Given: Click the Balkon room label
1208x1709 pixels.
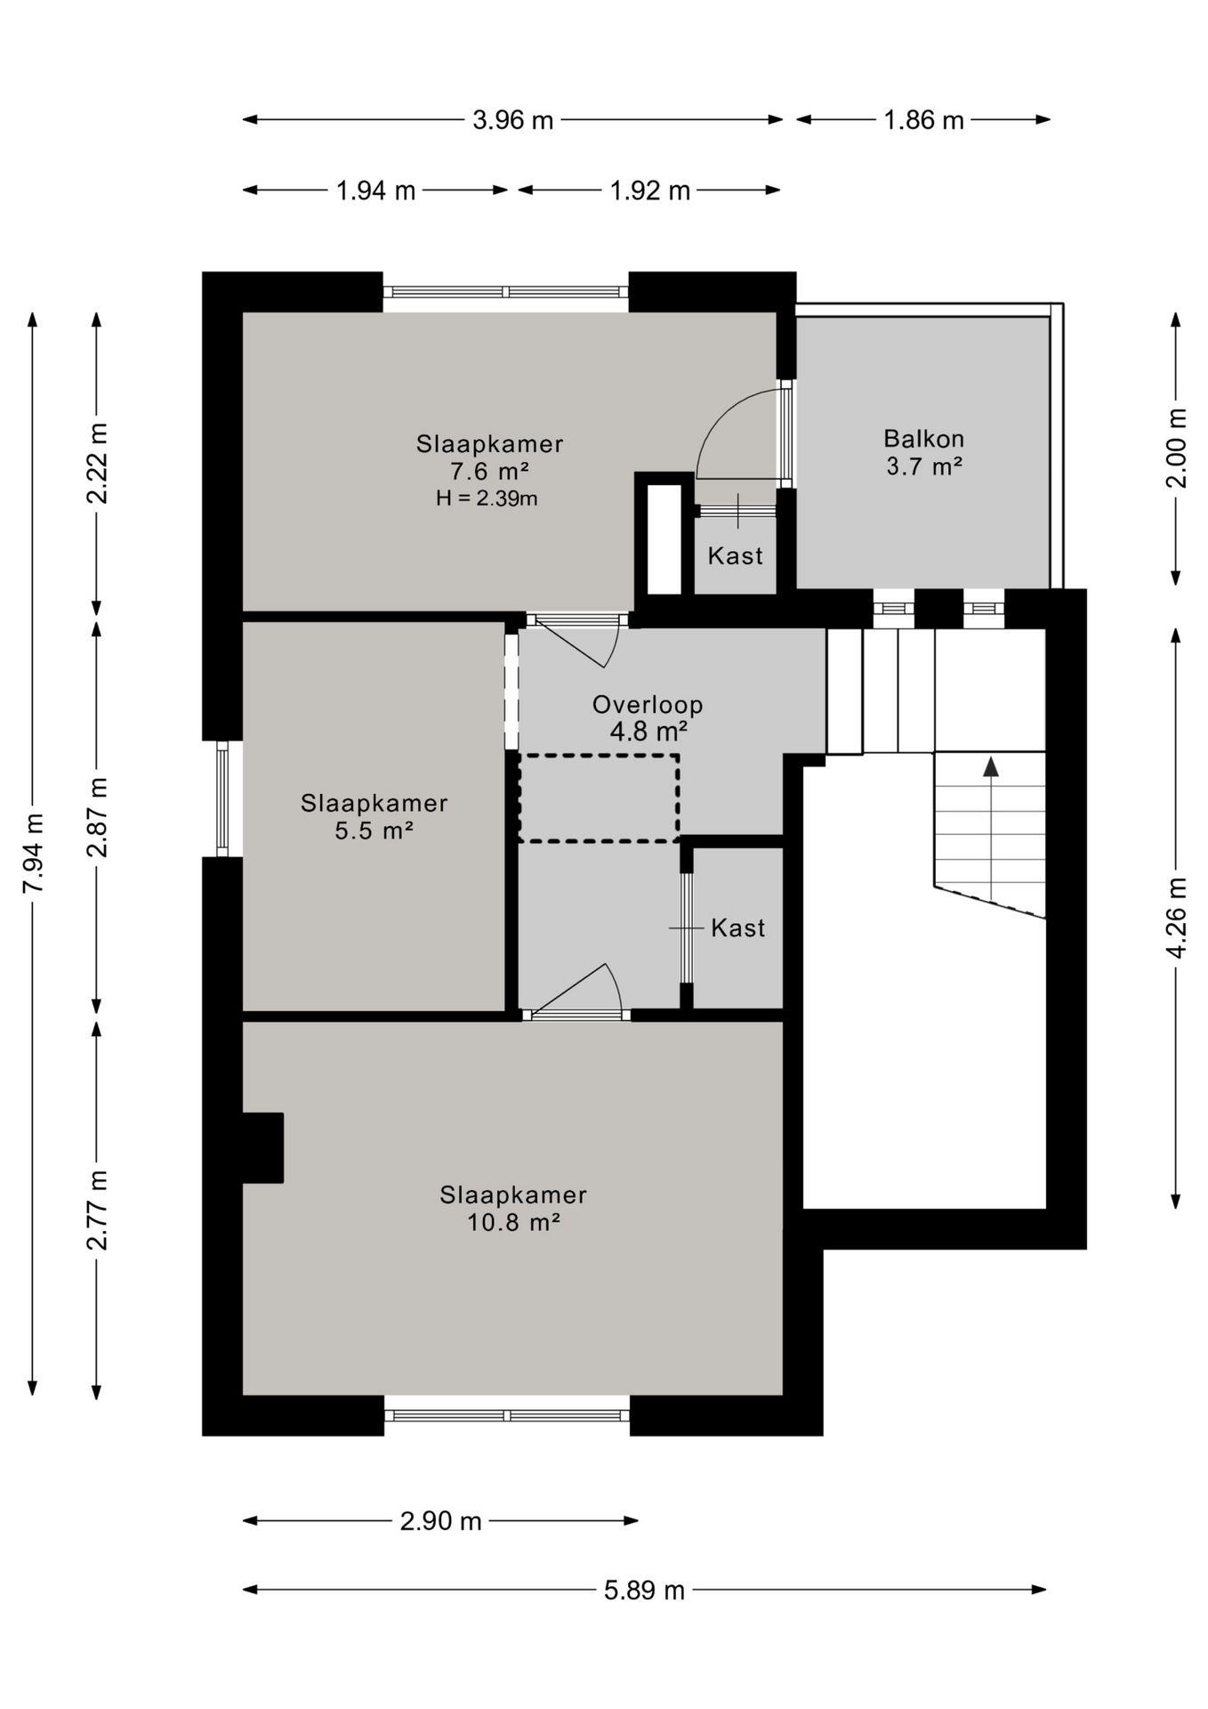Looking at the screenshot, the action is coord(923,438).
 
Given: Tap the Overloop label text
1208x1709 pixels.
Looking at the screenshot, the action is coord(648,704).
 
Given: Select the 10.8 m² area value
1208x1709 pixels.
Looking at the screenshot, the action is coord(513,1221).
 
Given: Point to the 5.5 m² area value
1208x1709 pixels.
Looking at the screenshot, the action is coord(374,830).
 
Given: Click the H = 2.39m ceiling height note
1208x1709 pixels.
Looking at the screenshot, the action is coord(487,498).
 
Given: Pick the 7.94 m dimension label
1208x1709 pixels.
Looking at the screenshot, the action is coord(33,854).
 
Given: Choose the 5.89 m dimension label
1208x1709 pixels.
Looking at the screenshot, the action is coord(644,1590).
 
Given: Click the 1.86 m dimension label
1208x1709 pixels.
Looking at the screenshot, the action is coord(923,119).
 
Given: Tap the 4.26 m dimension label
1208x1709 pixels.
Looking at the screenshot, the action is coord(1176,918).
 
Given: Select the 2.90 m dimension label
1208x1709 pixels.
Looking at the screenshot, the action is coord(440,1520).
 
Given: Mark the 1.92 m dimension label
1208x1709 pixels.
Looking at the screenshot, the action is coord(649,190).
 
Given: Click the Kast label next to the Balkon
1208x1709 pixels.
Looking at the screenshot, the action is coord(735,555).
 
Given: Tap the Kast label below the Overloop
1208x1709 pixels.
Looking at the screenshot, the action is coord(737,927).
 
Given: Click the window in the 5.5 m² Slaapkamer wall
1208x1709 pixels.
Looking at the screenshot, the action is coord(222,798).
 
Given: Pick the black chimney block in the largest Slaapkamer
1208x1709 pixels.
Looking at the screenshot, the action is coord(262,1147).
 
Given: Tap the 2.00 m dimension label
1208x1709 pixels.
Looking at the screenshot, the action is coord(1176,448).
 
